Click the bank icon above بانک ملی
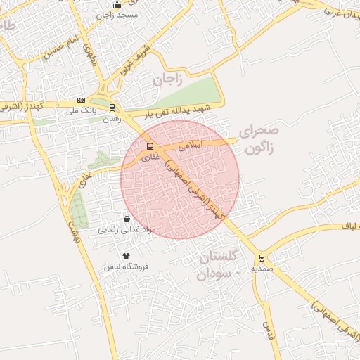81,101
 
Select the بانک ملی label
80,111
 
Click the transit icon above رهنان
112,108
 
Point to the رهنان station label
112,119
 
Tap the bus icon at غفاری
149,147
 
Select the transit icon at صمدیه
262,258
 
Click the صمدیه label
262,269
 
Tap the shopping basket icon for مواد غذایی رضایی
127,219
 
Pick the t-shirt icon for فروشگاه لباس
127,256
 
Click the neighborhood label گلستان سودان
219,265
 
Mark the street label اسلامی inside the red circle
191,146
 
